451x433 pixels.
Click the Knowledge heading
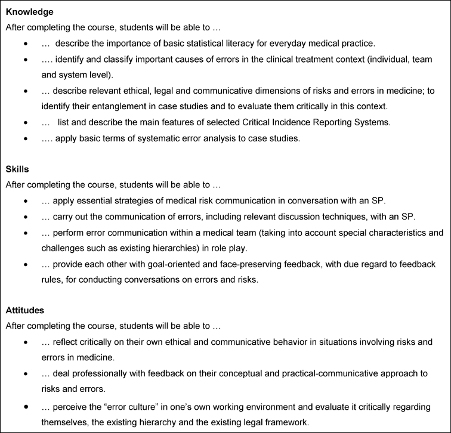29,12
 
